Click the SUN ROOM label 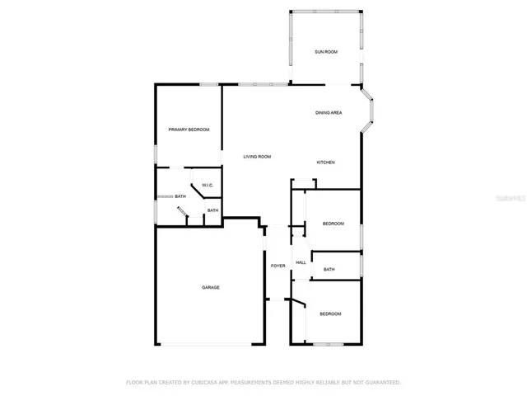tap(326, 52)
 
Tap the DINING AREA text tap(329, 113)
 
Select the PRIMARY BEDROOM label tap(189, 130)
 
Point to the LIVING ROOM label tap(256, 157)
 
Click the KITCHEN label tap(326, 163)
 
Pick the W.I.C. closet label tap(208, 185)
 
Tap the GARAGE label tap(211, 287)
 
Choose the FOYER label tap(278, 266)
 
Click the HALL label tap(301, 262)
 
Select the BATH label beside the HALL tap(329, 270)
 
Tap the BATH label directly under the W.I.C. tap(212, 210)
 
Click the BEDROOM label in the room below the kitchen tap(333, 224)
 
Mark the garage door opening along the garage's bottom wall tap(210, 344)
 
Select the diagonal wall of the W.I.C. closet tap(198, 191)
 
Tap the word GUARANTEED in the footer tap(380, 383)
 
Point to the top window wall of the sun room tap(326, 12)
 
